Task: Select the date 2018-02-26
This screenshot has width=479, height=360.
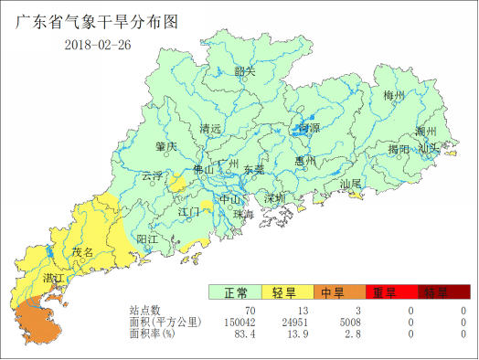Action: [x=98, y=46]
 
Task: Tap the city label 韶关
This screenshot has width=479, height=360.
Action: [x=244, y=71]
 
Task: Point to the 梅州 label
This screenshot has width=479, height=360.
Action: [x=394, y=96]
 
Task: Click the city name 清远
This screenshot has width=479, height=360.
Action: [x=211, y=129]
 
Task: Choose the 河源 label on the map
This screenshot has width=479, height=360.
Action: [x=308, y=129]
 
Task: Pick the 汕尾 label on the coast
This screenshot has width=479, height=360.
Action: [x=350, y=184]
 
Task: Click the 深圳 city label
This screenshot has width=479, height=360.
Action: [x=275, y=198]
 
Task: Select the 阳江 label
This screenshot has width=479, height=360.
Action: [x=146, y=238]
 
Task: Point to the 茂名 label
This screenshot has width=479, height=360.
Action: [x=83, y=251]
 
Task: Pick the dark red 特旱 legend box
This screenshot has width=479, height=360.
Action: [x=435, y=292]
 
